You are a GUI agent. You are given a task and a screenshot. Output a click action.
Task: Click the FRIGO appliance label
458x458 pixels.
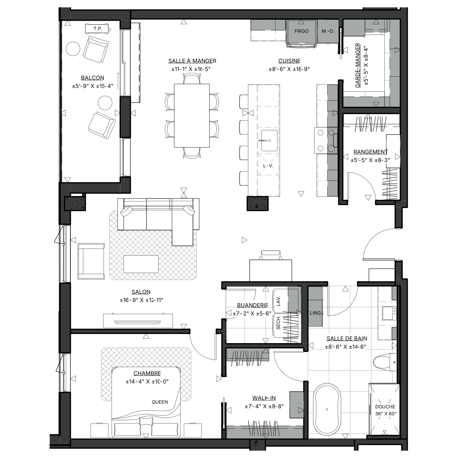[301, 31]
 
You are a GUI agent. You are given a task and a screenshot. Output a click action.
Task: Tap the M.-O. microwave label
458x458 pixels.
[328, 31]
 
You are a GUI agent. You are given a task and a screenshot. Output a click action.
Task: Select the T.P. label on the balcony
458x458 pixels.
[98, 29]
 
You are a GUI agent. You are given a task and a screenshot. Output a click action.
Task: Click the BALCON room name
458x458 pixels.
[92, 78]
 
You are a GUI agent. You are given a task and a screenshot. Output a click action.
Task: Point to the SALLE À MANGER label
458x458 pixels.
[192, 61]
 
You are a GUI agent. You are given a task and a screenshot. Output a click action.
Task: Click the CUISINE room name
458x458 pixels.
[289, 61]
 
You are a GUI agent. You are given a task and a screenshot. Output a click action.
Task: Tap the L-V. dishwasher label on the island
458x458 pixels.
[268, 166]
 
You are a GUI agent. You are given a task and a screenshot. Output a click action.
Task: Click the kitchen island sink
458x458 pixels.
[269, 141]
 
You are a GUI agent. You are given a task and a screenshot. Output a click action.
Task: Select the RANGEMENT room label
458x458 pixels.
[371, 152]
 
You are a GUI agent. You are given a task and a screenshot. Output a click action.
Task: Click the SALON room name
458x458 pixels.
[141, 292]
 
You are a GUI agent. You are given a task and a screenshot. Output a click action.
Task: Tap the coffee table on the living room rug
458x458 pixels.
[141, 264]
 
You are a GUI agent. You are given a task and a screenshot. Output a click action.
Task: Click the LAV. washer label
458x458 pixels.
[279, 301]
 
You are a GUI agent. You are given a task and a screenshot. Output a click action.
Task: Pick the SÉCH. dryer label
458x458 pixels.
[278, 323]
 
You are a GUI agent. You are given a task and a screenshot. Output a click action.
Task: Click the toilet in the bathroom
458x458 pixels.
[385, 362]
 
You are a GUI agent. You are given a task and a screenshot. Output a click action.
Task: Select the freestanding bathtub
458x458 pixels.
[327, 409]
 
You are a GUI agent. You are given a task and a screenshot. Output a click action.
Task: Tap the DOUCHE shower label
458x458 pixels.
[385, 407]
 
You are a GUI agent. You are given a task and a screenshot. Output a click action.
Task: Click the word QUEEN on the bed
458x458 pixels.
[160, 402]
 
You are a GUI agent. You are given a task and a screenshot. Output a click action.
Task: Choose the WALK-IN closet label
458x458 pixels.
[264, 398]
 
